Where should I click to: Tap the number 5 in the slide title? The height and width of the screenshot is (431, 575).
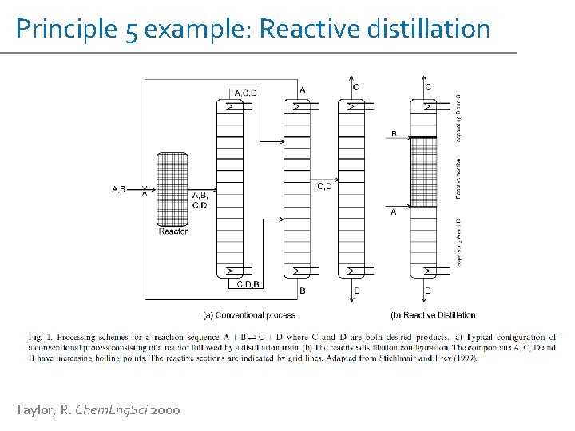130,30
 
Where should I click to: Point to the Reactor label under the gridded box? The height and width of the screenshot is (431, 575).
172,231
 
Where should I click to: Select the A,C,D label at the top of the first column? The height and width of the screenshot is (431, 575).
245,93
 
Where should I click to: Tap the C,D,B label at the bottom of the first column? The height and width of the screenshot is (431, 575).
248,283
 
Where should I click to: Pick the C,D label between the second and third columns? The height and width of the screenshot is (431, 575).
325,187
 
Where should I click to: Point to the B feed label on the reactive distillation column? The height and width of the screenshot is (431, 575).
393,133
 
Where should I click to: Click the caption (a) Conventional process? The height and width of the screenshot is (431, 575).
248,314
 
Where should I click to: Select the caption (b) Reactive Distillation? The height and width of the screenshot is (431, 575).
433,314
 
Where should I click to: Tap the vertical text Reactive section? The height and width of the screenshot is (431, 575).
458,178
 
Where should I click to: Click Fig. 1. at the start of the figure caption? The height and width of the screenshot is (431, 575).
37,338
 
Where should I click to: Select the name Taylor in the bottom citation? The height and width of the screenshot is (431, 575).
34,410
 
